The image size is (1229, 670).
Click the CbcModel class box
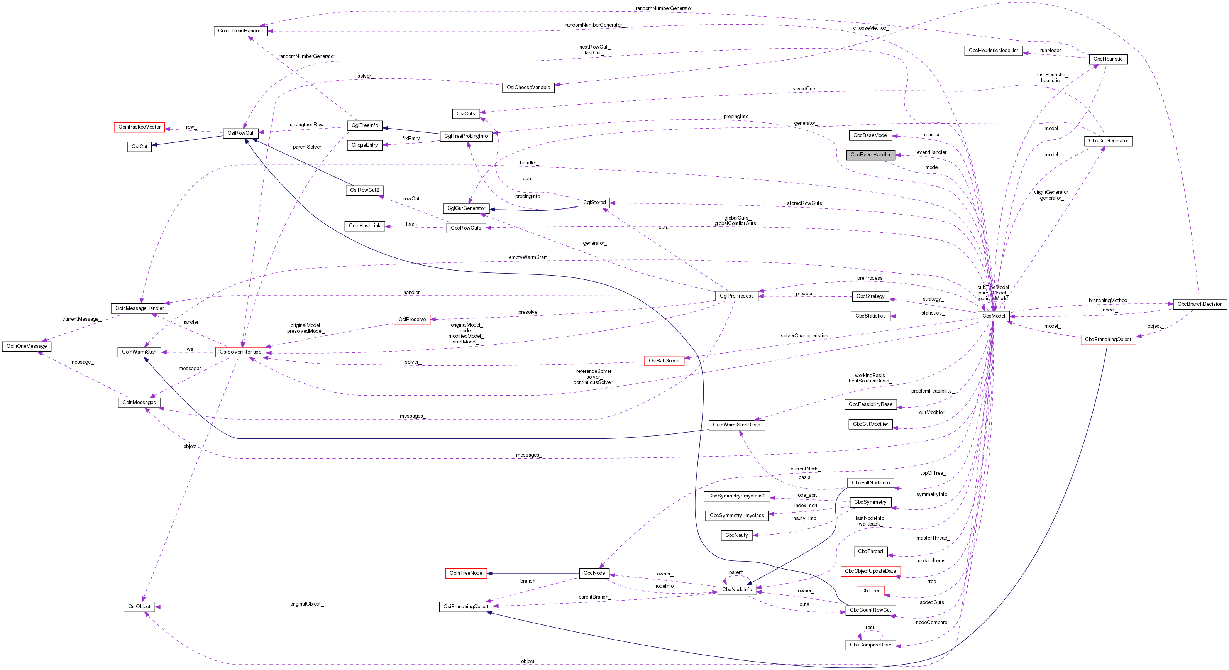click(x=993, y=316)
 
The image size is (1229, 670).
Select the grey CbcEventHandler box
click(x=870, y=154)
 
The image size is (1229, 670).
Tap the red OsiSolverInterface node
click(x=240, y=352)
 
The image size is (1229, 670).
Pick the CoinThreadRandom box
click(x=240, y=30)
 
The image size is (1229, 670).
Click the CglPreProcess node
click(x=736, y=296)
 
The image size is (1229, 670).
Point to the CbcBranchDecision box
click(x=1199, y=304)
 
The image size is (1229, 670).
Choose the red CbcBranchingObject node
click(x=1108, y=340)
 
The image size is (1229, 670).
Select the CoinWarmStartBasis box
click(x=736, y=425)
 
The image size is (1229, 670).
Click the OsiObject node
click(x=139, y=607)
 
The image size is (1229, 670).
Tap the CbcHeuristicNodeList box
click(x=993, y=50)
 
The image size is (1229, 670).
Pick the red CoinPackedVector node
click(x=139, y=127)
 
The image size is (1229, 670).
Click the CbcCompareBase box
click(x=870, y=645)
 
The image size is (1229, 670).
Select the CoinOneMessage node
click(x=27, y=346)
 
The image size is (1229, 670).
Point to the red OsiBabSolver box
click(x=664, y=360)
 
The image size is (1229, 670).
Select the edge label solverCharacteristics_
click(x=805, y=336)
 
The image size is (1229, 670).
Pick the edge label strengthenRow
click(x=307, y=124)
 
